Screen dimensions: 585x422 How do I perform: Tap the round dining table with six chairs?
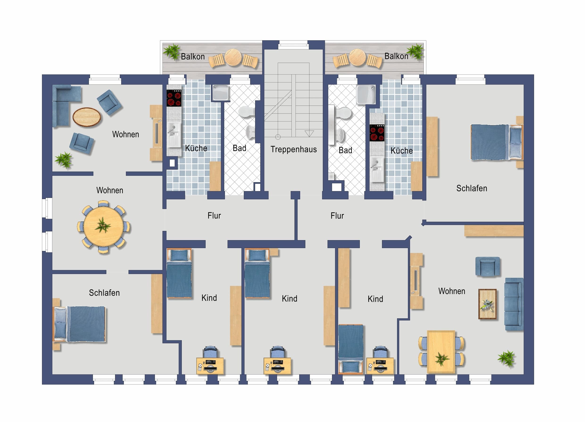point(104,227)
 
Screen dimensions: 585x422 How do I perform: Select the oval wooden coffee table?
point(87,117)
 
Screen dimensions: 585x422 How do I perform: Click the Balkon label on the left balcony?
point(193,57)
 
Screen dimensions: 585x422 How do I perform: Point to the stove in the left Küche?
point(174,98)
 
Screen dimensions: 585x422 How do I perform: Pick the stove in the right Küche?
point(377,133)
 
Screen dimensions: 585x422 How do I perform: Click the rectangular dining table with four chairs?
point(441,352)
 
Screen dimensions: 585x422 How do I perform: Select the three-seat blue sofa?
point(514,304)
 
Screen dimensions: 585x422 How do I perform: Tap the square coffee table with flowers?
point(487,304)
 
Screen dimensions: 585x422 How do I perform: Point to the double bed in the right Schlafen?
point(497,142)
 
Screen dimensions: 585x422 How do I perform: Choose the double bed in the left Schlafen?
point(79,324)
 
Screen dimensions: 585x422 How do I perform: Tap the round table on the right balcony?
point(357,57)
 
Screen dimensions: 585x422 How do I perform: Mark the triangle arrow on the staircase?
point(309,133)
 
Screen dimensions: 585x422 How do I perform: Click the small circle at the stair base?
point(278,137)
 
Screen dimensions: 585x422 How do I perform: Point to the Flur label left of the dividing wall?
point(214,216)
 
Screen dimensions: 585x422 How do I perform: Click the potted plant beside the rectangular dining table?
point(506,358)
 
